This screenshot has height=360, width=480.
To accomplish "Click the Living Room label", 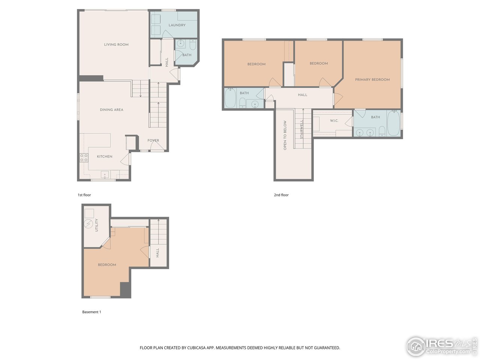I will tap(116, 45).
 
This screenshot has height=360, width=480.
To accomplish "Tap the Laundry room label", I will tap(177, 25).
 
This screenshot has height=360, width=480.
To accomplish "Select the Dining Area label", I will tap(111, 110).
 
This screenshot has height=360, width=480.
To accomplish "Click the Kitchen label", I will tap(105, 157).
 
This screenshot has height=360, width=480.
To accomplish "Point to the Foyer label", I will tap(153, 141).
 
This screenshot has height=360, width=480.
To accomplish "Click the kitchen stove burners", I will tap(84, 158).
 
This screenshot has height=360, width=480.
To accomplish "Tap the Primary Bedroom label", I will tap(372, 79).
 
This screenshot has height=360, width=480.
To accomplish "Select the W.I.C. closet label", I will tap(334, 121).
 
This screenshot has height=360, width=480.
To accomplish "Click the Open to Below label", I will tap(285, 135).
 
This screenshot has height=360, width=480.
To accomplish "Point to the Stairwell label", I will tap(301, 129).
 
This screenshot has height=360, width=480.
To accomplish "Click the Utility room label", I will tap(96, 225).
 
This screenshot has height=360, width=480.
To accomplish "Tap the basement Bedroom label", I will tap(107, 265).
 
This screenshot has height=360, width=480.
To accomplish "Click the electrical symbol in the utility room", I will tap(88, 224).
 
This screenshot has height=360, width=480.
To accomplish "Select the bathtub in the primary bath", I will tap(393, 123).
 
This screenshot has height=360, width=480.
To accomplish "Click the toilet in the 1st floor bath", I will tap(193, 45).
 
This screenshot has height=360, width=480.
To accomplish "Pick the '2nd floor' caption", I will tap(281, 195).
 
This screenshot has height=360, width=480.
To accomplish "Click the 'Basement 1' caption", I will tap(91, 312).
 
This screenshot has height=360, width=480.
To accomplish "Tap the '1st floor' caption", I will tap(84, 195).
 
